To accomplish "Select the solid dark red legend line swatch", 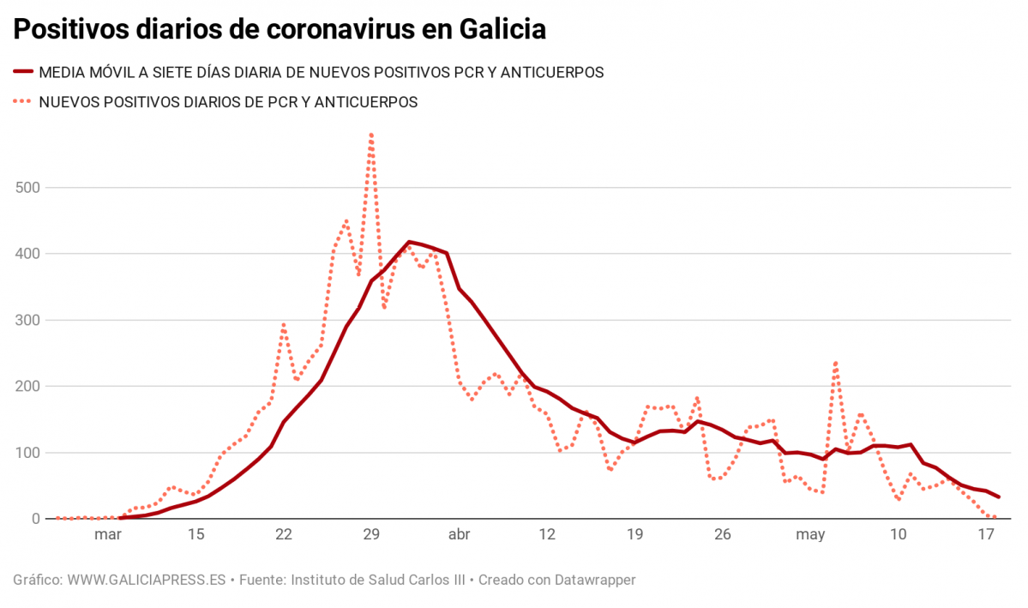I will point(22,73).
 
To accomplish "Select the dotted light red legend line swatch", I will point(22,102).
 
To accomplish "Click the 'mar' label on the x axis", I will point(108,534).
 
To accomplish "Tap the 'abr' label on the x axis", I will point(460,534).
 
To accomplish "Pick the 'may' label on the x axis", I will point(810,534).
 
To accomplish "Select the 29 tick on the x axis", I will point(371,534).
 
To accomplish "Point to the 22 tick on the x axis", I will point(284,534).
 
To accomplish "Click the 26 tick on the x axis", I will point(723,534).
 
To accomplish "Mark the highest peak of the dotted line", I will point(371,134).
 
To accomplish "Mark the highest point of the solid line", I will point(409,242).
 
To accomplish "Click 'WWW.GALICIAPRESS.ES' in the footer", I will point(147,580).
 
